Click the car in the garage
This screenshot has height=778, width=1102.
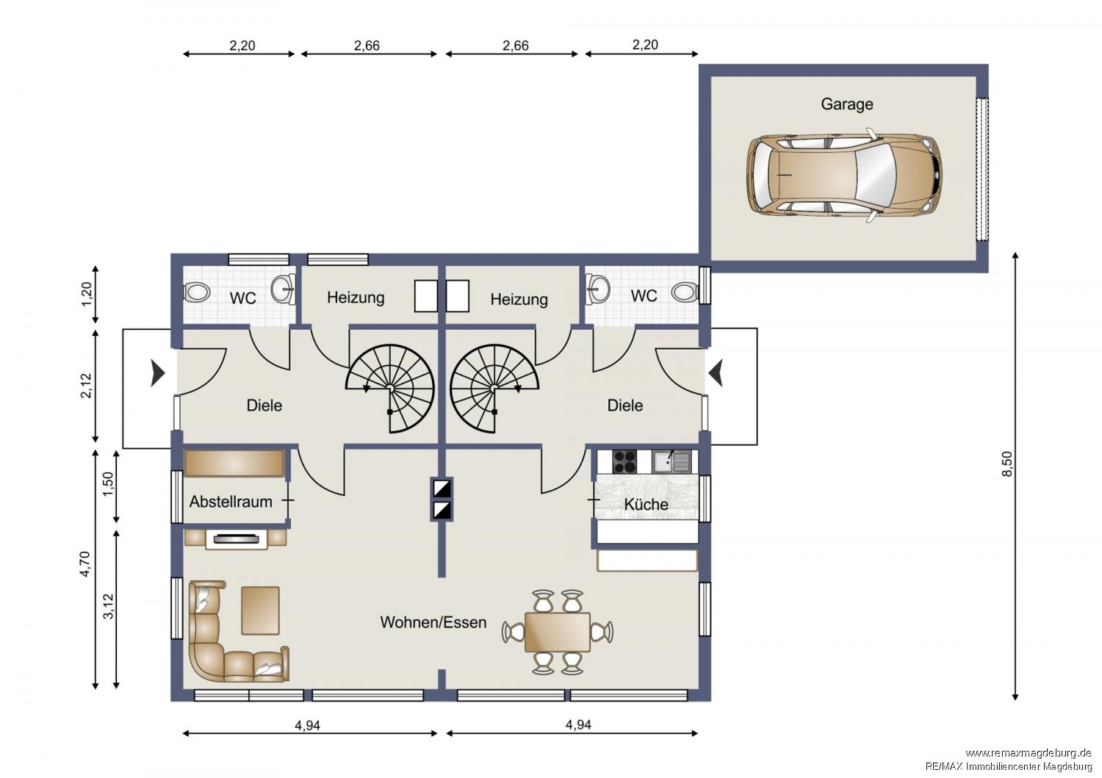tap(844, 176)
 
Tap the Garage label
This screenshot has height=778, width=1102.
tap(846, 104)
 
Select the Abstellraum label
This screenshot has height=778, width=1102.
tap(231, 502)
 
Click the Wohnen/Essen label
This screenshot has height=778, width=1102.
tap(433, 622)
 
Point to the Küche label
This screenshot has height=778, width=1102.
tap(646, 504)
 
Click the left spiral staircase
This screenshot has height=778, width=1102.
tap(391, 386)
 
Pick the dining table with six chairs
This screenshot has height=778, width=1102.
tap(558, 632)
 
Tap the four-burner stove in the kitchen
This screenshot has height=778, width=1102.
tap(624, 461)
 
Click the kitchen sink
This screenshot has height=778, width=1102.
tap(672, 461)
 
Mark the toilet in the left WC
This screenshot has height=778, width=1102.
tap(198, 292)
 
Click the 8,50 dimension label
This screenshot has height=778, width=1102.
tap(1006, 464)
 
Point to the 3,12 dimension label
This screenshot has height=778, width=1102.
tap(108, 607)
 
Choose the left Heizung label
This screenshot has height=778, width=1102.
tap(356, 298)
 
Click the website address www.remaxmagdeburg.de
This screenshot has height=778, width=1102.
tap(1029, 752)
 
